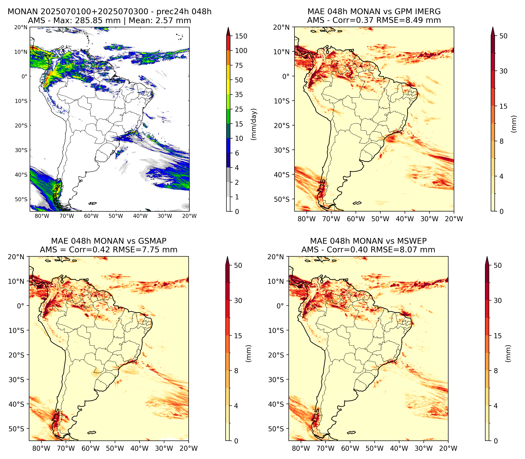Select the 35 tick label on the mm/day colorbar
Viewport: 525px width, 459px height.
(239, 94)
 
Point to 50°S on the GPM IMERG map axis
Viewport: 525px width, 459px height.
(282, 199)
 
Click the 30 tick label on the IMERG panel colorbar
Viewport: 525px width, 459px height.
(503, 71)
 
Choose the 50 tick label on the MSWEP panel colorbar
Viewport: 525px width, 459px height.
(497, 265)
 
